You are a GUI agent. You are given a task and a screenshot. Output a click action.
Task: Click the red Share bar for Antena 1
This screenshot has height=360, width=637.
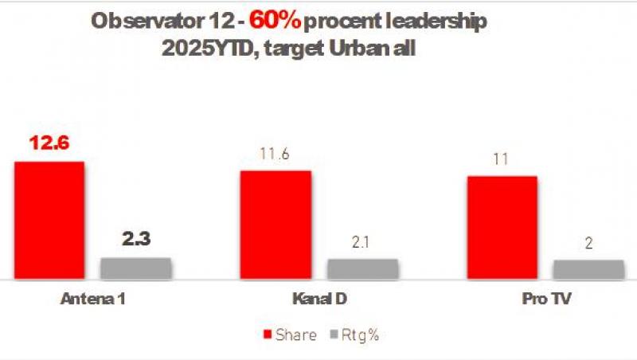(x=49, y=221)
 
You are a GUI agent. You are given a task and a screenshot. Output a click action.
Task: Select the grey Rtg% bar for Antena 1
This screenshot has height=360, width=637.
(x=135, y=268)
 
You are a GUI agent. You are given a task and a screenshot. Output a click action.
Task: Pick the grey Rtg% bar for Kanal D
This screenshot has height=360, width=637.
(x=362, y=269)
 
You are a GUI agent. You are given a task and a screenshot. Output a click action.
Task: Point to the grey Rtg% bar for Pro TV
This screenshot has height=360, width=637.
(x=589, y=270)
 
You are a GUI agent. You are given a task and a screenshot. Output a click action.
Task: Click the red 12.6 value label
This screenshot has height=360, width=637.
(x=49, y=143)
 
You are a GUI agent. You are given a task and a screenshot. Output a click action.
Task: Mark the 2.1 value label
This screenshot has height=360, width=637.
(x=362, y=242)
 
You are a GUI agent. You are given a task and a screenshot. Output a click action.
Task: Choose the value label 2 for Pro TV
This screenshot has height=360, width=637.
(x=589, y=245)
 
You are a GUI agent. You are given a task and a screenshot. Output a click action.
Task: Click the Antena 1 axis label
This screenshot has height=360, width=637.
(x=93, y=300)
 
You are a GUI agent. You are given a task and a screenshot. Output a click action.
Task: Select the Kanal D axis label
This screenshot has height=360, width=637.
(x=319, y=300)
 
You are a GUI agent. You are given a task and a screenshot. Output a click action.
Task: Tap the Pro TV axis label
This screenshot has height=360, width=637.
(x=545, y=300)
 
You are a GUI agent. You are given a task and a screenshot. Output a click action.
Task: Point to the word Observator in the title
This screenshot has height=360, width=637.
(x=137, y=22)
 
